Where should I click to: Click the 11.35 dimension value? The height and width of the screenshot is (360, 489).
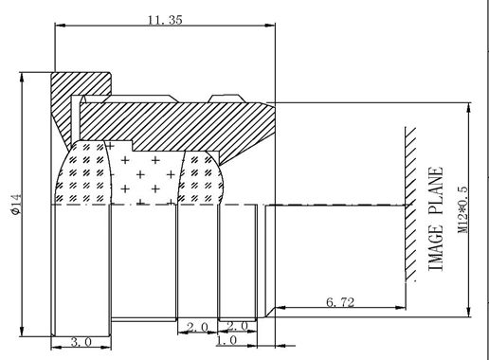coord(165,20)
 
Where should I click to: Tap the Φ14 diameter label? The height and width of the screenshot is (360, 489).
coord(16,205)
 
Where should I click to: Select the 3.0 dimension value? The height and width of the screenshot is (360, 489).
coord(81,341)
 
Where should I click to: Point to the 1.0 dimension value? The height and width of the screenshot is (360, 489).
coord(226,340)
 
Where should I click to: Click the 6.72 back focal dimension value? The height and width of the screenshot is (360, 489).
coord(340,302)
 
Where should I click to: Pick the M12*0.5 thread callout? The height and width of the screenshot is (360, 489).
coord(462,209)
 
